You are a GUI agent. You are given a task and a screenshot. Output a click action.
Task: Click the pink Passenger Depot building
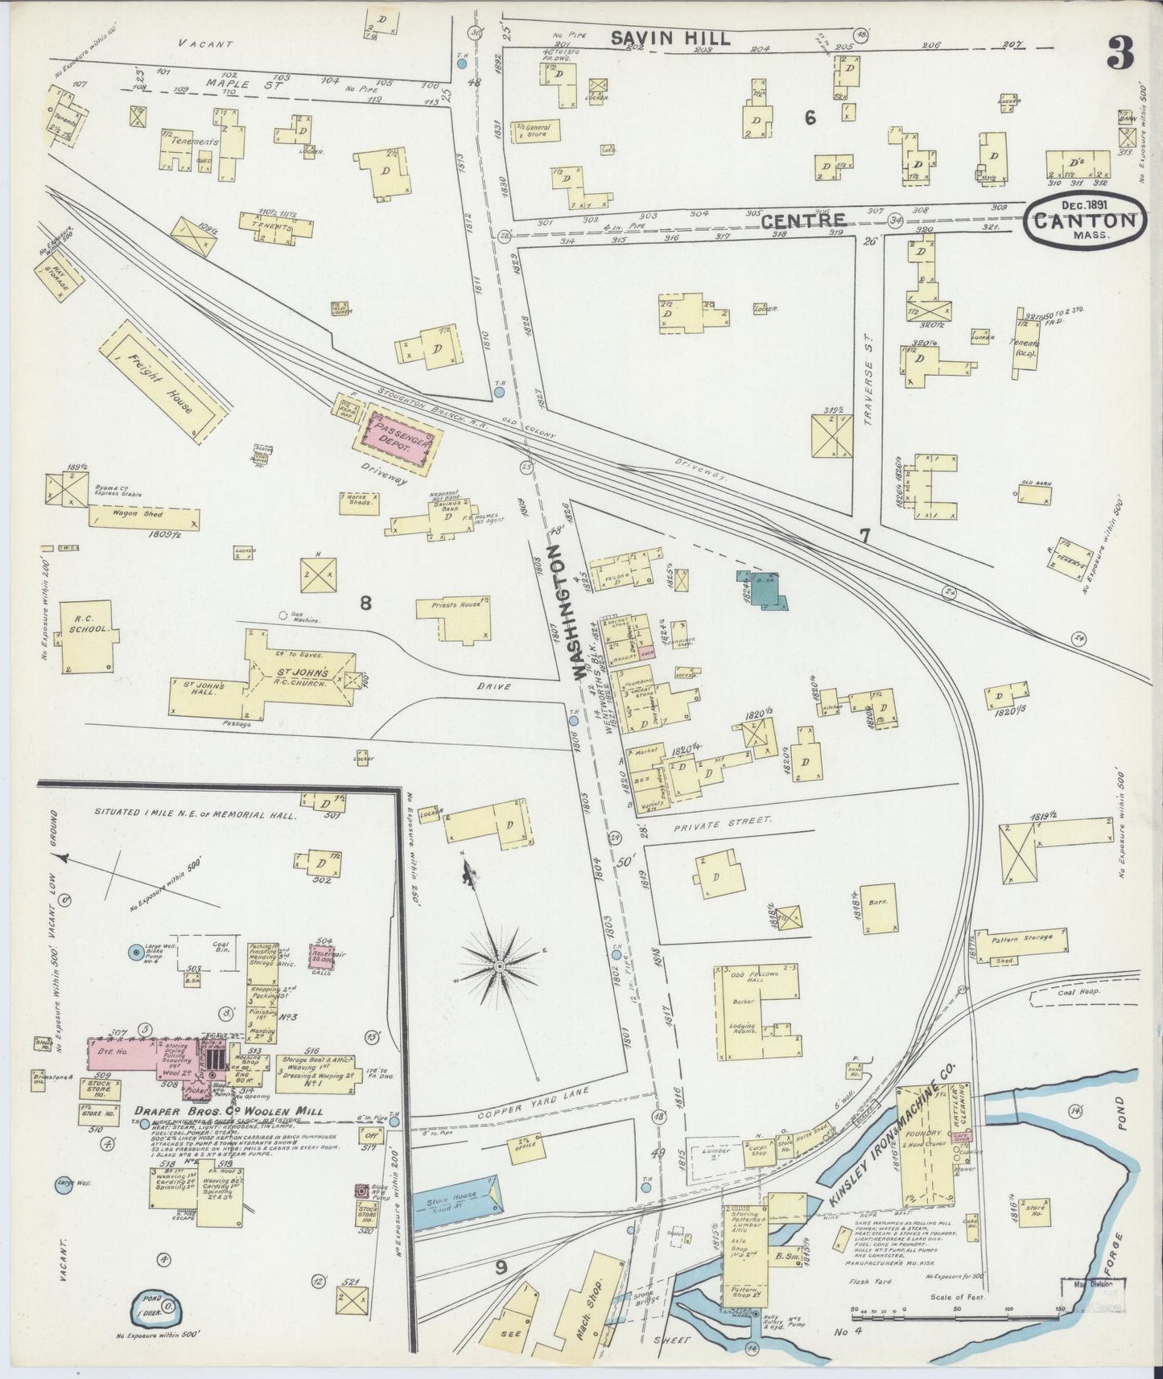pos(399,441)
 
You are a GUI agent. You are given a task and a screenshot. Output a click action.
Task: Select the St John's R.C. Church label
pos(303,677)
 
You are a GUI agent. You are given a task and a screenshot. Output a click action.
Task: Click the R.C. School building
pos(86,636)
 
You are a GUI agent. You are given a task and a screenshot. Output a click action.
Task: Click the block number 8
pos(365,603)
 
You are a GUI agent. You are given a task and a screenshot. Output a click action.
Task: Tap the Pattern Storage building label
pos(1021,939)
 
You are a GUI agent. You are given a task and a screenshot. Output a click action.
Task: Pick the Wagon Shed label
pos(138,513)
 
